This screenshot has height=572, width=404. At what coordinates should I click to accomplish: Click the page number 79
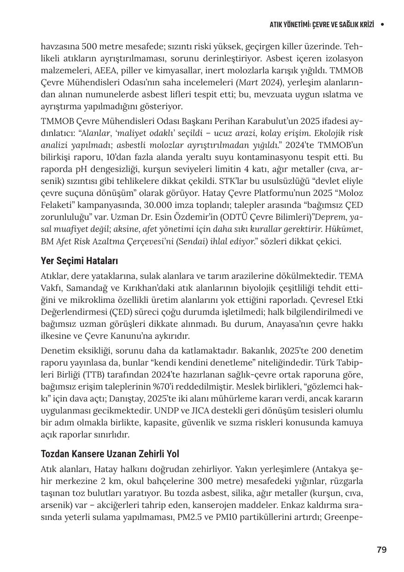[x=381, y=549]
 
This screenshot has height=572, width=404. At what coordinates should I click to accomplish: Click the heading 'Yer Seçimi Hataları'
[x=79, y=261]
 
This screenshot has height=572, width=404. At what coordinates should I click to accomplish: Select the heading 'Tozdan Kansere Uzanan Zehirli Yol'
[x=110, y=454]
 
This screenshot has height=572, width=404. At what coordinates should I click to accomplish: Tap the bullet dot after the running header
[x=382, y=24]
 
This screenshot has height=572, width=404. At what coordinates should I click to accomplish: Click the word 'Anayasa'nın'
[x=287, y=324]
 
